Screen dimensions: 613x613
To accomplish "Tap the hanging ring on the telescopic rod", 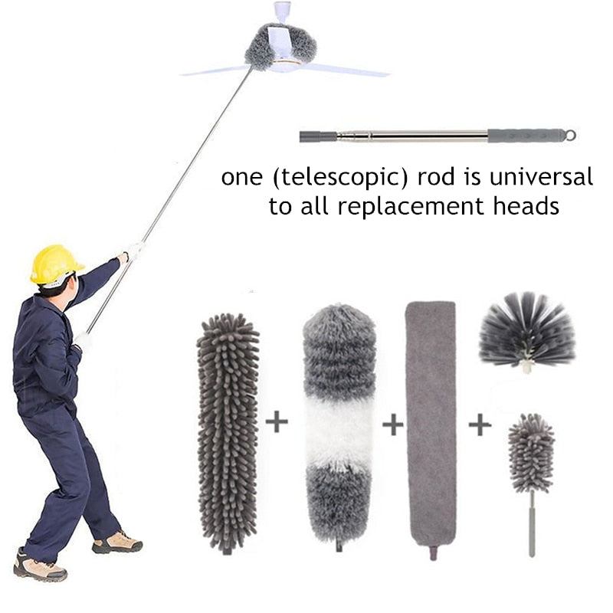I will click(x=570, y=135).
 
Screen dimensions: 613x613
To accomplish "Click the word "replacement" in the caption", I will click(x=411, y=207).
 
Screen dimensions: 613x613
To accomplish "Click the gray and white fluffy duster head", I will click(x=339, y=425).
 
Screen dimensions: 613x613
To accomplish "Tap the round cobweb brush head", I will click(x=526, y=330).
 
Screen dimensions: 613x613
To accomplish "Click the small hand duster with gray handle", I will click(x=530, y=467).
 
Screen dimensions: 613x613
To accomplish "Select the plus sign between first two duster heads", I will click(x=277, y=422).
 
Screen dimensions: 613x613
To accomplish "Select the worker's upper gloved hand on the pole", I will click(x=133, y=251).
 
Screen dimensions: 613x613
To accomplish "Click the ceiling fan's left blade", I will click(x=215, y=70).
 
